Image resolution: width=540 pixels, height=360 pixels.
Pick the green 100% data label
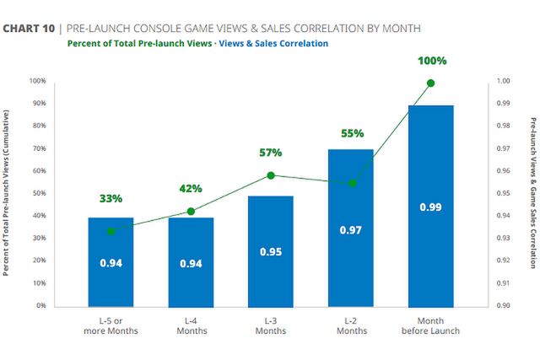tap(431, 62)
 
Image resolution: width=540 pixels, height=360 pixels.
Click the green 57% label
tap(270, 153)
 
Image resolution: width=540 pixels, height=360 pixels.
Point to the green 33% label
tap(111, 199)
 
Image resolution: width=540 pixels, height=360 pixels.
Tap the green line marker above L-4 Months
tap(191, 212)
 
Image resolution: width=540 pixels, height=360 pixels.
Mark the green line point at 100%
tap(431, 83)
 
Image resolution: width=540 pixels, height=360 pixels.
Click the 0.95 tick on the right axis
tap(504, 193)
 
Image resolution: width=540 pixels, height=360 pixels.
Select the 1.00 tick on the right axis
tap(504, 81)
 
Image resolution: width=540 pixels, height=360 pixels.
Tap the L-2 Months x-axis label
tap(351, 325)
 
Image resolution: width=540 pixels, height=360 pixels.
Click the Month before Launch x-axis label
tap(431, 325)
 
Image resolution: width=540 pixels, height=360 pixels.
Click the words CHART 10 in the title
tap(28, 28)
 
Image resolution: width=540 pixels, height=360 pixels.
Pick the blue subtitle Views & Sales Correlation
tap(273, 43)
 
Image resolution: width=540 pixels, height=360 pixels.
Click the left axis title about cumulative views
tap(7, 193)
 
